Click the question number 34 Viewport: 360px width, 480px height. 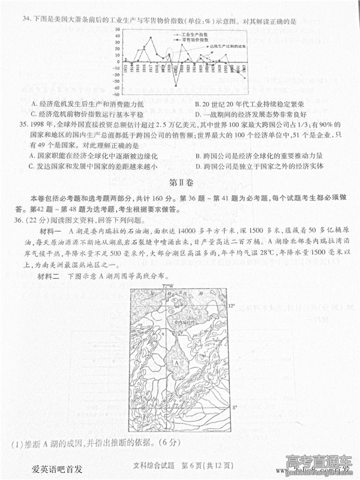[x=26, y=20]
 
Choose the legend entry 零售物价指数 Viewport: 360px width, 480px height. [x=191, y=41]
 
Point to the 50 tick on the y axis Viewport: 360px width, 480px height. [x=118, y=28]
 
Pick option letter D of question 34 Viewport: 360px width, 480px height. [x=198, y=113]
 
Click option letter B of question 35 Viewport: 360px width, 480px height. [x=198, y=155]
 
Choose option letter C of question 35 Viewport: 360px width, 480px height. [x=32, y=166]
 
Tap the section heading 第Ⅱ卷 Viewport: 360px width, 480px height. [x=179, y=182]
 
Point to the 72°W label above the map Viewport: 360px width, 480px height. [x=167, y=286]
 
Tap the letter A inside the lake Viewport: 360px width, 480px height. [x=176, y=363]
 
